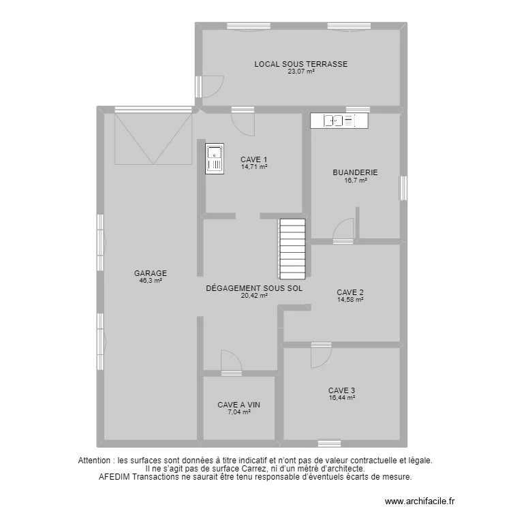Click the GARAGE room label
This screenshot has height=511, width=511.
click(151, 273)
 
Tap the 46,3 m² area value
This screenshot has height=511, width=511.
click(151, 280)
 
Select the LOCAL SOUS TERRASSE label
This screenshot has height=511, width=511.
click(300, 64)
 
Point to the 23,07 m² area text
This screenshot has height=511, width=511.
click(300, 71)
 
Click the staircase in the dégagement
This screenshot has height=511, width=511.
click(292, 249)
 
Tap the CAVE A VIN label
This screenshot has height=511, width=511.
click(238, 405)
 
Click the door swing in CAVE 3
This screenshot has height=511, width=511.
click(320, 355)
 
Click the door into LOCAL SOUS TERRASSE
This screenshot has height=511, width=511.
click(211, 86)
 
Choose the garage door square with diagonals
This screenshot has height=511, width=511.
click(153, 138)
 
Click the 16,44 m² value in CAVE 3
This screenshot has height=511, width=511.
click(341, 398)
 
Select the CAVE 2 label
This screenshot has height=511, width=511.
click(350, 292)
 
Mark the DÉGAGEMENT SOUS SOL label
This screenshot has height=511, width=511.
click(254, 288)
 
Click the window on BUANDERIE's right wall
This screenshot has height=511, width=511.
click(403, 188)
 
